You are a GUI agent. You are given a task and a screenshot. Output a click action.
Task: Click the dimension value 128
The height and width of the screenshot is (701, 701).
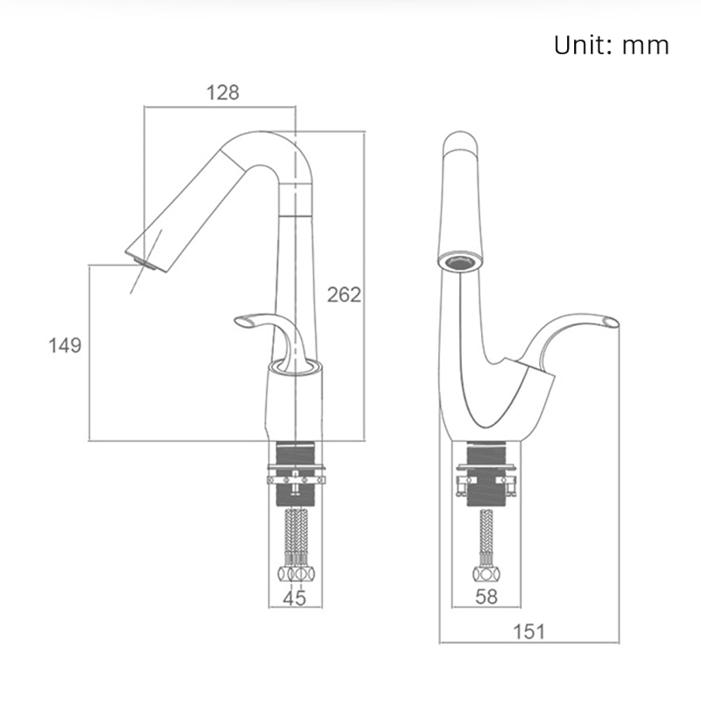tap(223, 93)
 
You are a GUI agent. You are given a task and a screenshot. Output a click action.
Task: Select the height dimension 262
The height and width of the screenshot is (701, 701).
tap(343, 294)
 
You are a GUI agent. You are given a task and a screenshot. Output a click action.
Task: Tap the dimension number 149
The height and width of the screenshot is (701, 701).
tap(64, 346)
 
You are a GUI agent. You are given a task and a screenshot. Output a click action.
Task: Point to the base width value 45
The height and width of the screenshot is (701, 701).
tap(294, 598)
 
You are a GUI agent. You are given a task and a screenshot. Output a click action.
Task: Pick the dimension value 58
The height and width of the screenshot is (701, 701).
tap(486, 597)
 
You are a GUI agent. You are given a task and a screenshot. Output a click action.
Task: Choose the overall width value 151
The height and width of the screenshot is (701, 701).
tap(529, 632)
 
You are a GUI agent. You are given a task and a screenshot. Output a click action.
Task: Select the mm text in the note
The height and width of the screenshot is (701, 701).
tap(645, 46)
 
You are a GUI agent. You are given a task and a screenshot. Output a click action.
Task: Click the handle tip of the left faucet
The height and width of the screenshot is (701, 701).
tap(241, 321)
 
